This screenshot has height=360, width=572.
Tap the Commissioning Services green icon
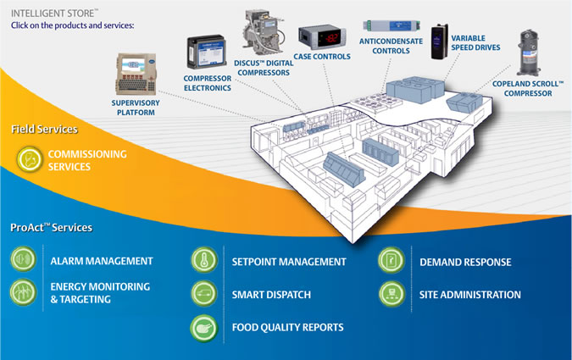(29, 159)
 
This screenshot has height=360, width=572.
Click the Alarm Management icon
(24, 260)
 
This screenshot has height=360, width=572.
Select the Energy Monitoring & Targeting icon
(24, 292)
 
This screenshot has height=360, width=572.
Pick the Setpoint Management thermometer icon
(203, 261)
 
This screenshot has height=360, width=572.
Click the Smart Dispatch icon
(203, 294)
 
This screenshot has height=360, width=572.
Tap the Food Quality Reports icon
(203, 327)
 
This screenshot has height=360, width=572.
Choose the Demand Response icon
(392, 261)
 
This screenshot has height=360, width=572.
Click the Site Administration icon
(392, 294)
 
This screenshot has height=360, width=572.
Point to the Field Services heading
(44, 129)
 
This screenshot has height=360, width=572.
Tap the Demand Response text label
(465, 262)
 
